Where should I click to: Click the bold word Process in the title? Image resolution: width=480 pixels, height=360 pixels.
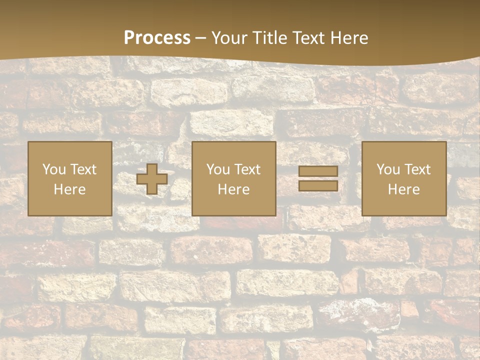[x=157, y=38]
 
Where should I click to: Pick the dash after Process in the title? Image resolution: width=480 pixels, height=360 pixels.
[x=201, y=38]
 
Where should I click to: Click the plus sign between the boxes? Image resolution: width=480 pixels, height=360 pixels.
[x=152, y=179]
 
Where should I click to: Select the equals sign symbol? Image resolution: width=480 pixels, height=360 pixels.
[x=318, y=178]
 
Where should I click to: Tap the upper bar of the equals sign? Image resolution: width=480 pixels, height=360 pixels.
[x=318, y=171]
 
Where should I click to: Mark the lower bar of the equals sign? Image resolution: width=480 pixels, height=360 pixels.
[x=318, y=185]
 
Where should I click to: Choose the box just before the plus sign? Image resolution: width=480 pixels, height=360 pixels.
[x=70, y=178]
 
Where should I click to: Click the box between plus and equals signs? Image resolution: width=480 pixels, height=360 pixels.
[x=234, y=178]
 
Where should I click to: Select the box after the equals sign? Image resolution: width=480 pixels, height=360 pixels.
[x=404, y=178]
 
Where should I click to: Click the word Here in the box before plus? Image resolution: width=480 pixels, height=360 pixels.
[x=70, y=189]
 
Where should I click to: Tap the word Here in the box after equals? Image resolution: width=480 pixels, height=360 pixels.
[x=404, y=189]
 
